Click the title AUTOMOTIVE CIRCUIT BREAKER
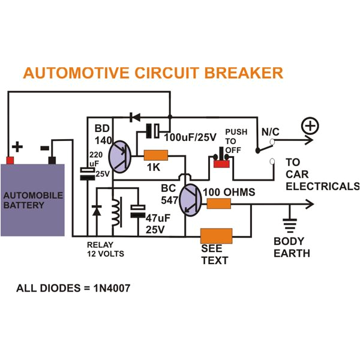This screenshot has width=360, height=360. [152, 73]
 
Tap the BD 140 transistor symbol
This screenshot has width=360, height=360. [122, 158]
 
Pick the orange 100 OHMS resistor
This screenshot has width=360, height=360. [219, 204]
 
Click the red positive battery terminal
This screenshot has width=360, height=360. [10, 160]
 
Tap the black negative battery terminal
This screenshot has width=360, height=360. [52, 160]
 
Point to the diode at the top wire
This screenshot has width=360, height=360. [135, 116]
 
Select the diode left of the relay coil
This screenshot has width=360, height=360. [97, 211]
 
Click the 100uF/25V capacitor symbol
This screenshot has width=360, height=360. [154, 130]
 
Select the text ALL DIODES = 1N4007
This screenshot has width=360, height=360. [73, 288]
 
